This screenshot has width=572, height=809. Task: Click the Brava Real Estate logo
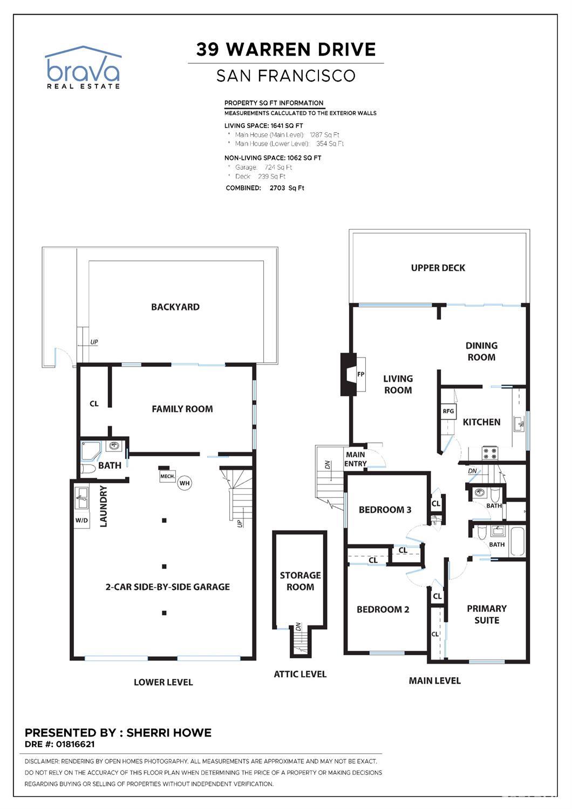tap(83, 68)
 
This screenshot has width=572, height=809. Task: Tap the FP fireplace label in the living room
tap(360, 374)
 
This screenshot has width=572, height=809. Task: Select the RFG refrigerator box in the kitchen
tap(448, 411)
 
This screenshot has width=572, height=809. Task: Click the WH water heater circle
tap(185, 483)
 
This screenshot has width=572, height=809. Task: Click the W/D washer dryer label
tap(81, 521)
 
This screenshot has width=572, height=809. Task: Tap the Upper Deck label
tap(438, 268)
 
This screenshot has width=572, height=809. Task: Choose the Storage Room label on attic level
tap(300, 581)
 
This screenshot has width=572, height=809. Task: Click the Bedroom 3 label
tap(385, 510)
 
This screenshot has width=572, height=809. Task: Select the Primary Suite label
tap(486, 614)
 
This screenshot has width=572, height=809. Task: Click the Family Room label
tap(182, 409)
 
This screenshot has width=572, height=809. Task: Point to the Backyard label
tap(175, 307)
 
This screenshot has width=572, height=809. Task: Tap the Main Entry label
tap(355, 459)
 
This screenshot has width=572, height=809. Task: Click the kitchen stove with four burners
tap(489, 453)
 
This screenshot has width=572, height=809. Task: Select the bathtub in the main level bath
tap(517, 542)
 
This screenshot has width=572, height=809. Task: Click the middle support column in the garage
tap(164, 567)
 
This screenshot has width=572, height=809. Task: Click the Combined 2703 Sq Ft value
tap(287, 188)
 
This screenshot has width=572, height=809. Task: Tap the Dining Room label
tap(481, 351)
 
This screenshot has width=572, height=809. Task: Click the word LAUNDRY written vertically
tap(104, 506)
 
